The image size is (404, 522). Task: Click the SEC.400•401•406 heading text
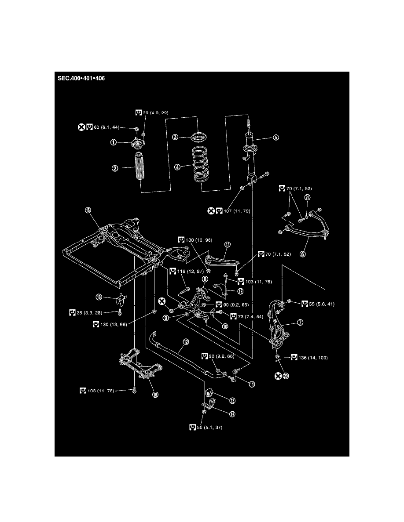pos(81,79)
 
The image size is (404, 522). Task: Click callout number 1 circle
pos(114,142)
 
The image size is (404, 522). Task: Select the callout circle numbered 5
pos(275,137)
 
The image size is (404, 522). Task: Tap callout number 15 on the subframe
pos(88,211)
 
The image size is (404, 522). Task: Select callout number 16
pos(155,394)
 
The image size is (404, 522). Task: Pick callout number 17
pos(228,244)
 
